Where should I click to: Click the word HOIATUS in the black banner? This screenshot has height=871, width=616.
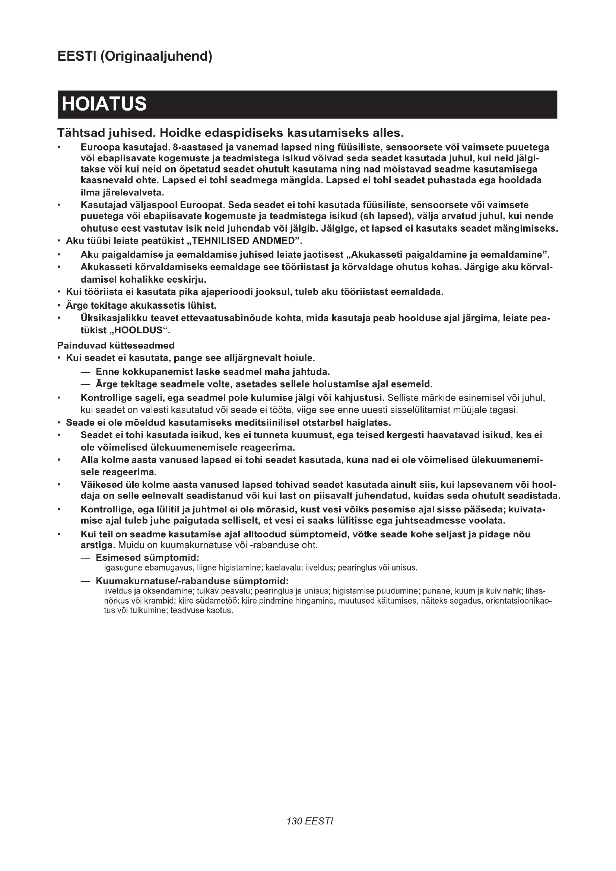(104, 104)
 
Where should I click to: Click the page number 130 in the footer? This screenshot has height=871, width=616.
(294, 832)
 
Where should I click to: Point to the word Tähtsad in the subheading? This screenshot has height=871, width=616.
(81, 133)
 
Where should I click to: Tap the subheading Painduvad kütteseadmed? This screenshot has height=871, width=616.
(116, 346)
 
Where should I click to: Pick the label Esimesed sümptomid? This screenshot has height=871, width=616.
(147, 558)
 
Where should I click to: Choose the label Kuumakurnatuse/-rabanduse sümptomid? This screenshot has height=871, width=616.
(192, 581)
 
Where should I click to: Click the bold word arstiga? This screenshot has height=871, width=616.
(98, 546)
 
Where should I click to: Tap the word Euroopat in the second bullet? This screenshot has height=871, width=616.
(203, 205)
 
